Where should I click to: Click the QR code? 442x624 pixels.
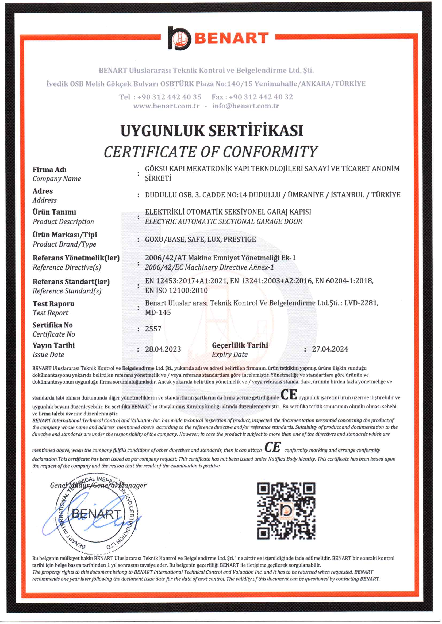[286, 511]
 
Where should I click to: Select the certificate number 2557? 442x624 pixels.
[153, 329]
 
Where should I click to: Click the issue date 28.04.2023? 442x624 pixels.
[163, 349]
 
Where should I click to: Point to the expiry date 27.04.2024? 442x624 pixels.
[330, 349]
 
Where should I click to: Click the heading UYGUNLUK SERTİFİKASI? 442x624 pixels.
[212, 131]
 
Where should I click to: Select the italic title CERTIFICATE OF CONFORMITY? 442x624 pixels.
[211, 152]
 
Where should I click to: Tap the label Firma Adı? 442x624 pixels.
[49, 170]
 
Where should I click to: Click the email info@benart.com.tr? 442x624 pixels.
[245, 106]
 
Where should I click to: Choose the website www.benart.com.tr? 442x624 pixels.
[166, 106]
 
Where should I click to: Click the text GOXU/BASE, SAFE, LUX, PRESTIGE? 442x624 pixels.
[200, 240]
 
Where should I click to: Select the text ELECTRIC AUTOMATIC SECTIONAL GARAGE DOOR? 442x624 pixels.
[224, 222]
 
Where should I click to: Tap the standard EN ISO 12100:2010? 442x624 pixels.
[176, 290]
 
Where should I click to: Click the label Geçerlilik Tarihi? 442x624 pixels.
[240, 345]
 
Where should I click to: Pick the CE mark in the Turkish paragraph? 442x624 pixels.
[289, 395]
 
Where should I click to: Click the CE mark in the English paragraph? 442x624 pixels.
[273, 447]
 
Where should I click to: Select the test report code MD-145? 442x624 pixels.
[158, 312]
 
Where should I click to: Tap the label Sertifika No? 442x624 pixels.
[52, 325]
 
